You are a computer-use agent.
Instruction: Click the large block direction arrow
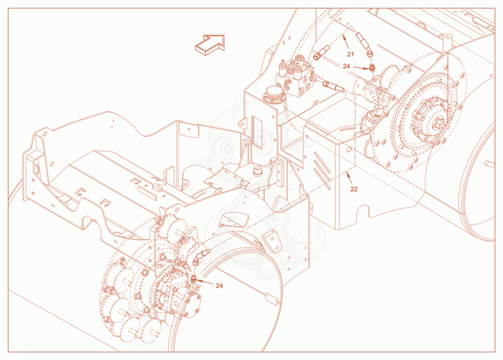[x=210, y=45]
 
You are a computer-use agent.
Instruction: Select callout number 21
[x=350, y=54]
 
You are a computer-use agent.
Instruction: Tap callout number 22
[x=353, y=189]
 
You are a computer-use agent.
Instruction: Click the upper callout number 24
[x=346, y=67]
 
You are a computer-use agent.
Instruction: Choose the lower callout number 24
[x=219, y=286]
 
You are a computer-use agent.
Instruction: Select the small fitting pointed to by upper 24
[x=372, y=68]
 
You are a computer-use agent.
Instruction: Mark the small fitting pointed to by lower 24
[x=194, y=279]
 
